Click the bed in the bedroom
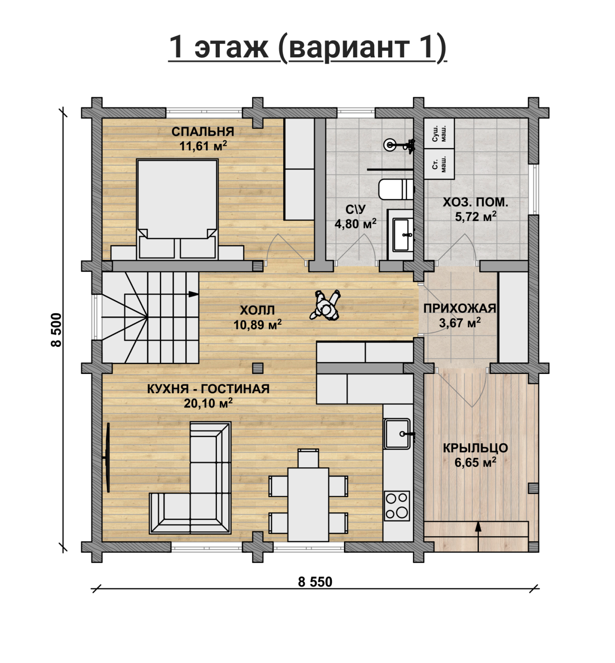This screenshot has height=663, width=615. [177, 209]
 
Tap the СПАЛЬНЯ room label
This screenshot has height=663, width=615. [203, 132]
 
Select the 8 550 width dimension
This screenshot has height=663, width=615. [315, 582]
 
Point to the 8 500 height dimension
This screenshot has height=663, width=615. [57, 330]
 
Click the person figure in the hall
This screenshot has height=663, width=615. [325, 305]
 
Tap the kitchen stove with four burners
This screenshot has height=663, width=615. [397, 506]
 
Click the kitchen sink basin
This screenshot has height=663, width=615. [397, 433]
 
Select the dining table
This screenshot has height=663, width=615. [308, 505]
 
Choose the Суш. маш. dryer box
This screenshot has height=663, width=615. [439, 134]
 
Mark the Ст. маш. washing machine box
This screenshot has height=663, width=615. [439, 164]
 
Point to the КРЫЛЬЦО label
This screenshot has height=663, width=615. [475, 448]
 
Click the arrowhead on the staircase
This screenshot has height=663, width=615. [194, 294]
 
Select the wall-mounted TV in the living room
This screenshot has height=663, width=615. [107, 457]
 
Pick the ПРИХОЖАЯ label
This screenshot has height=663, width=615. [459, 309]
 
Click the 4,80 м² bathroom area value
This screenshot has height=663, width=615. [356, 224]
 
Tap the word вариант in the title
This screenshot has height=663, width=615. [349, 47]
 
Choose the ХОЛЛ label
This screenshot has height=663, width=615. [257, 310]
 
